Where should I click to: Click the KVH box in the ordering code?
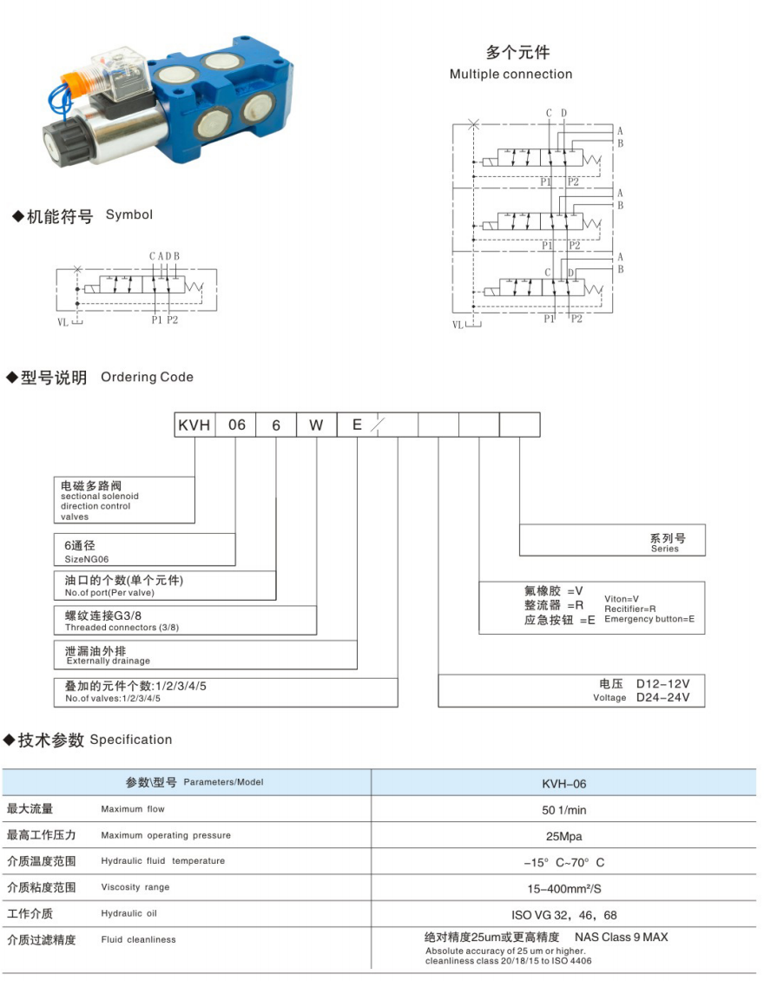coord(195,425)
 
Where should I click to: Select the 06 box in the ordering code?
coord(237,425)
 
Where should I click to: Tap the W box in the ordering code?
coord(316,425)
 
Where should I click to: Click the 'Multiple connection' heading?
coord(510,74)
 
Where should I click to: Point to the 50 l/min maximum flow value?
coord(563,809)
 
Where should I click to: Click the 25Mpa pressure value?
coord(563,836)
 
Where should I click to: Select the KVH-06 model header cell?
coord(563,783)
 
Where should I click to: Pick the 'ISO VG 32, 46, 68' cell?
coord(563,915)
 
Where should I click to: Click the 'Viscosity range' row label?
coord(135,887)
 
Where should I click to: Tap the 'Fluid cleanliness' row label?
coord(138,939)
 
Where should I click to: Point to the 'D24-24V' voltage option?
coord(668,697)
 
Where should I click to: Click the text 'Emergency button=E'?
coord(649,619)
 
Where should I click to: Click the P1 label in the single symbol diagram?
coord(156,319)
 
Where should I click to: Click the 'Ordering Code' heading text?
coord(147,377)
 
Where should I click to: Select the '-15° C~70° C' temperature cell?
coord(563,862)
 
